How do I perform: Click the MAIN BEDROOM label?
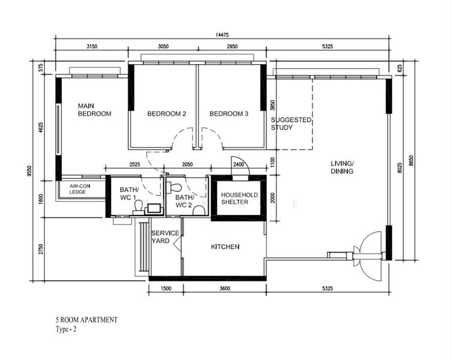click(x=94, y=110)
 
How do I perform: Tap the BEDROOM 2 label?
click(x=167, y=114)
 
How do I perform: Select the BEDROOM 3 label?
click(x=228, y=114)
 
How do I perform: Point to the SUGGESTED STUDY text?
click(x=291, y=124)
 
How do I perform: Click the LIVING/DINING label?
click(x=342, y=167)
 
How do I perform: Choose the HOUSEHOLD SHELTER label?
click(x=239, y=199)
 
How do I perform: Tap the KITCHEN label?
click(x=225, y=247)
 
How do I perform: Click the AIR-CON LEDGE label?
click(x=78, y=189)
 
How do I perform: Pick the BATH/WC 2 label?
click(x=184, y=201)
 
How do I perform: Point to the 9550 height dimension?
click(x=29, y=171)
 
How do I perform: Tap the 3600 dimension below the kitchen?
click(x=224, y=289)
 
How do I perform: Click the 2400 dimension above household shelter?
click(x=238, y=164)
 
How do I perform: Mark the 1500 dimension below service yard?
click(x=166, y=289)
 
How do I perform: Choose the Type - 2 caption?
click(x=66, y=329)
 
